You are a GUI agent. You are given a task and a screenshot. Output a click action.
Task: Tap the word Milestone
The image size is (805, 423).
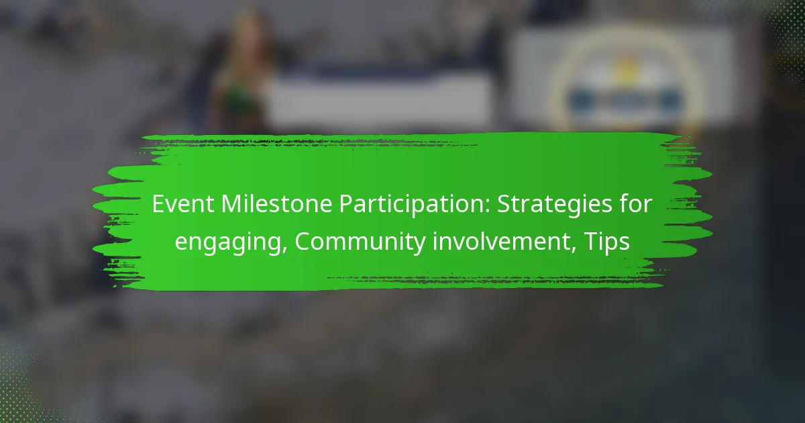coord(276,204)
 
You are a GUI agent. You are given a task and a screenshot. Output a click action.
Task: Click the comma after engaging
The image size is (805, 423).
coord(283,248)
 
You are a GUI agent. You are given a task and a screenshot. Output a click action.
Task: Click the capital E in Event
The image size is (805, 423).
coord(158,204)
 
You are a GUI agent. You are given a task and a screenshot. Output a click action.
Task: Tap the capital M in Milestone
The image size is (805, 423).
coord(232,204)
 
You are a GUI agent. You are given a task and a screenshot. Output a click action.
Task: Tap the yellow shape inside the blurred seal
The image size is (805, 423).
coord(626,69)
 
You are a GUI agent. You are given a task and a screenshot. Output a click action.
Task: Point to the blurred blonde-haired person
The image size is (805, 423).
coord(240,72)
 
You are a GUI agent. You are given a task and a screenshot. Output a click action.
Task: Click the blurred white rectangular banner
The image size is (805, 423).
coord(379,98)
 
